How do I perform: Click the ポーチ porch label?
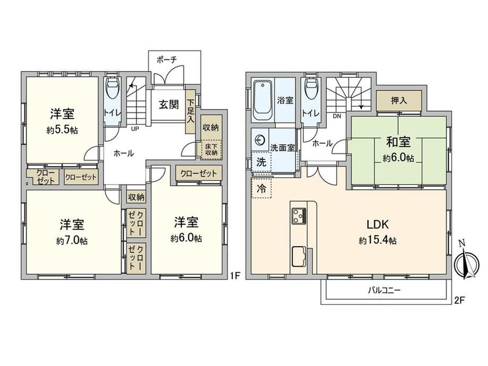pyautogui.click(x=167, y=60)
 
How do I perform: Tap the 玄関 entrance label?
pyautogui.click(x=169, y=104)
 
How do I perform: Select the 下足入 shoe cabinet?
pyautogui.click(x=190, y=111)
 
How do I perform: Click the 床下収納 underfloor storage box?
pyautogui.click(x=211, y=150)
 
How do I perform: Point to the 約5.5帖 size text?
pyautogui.click(x=62, y=130)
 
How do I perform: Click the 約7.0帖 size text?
pyautogui.click(x=72, y=241)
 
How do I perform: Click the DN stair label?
pyautogui.click(x=337, y=116)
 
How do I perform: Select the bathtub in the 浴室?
pyautogui.click(x=263, y=100)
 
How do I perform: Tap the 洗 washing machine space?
pyautogui.click(x=261, y=162)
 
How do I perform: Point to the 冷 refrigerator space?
pyautogui.click(x=261, y=188)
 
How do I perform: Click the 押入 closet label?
pyautogui.click(x=399, y=101)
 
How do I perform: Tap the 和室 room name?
pyautogui.click(x=398, y=142)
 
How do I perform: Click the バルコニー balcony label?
pyautogui.click(x=384, y=291)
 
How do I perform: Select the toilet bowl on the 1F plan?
pyautogui.click(x=112, y=88)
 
